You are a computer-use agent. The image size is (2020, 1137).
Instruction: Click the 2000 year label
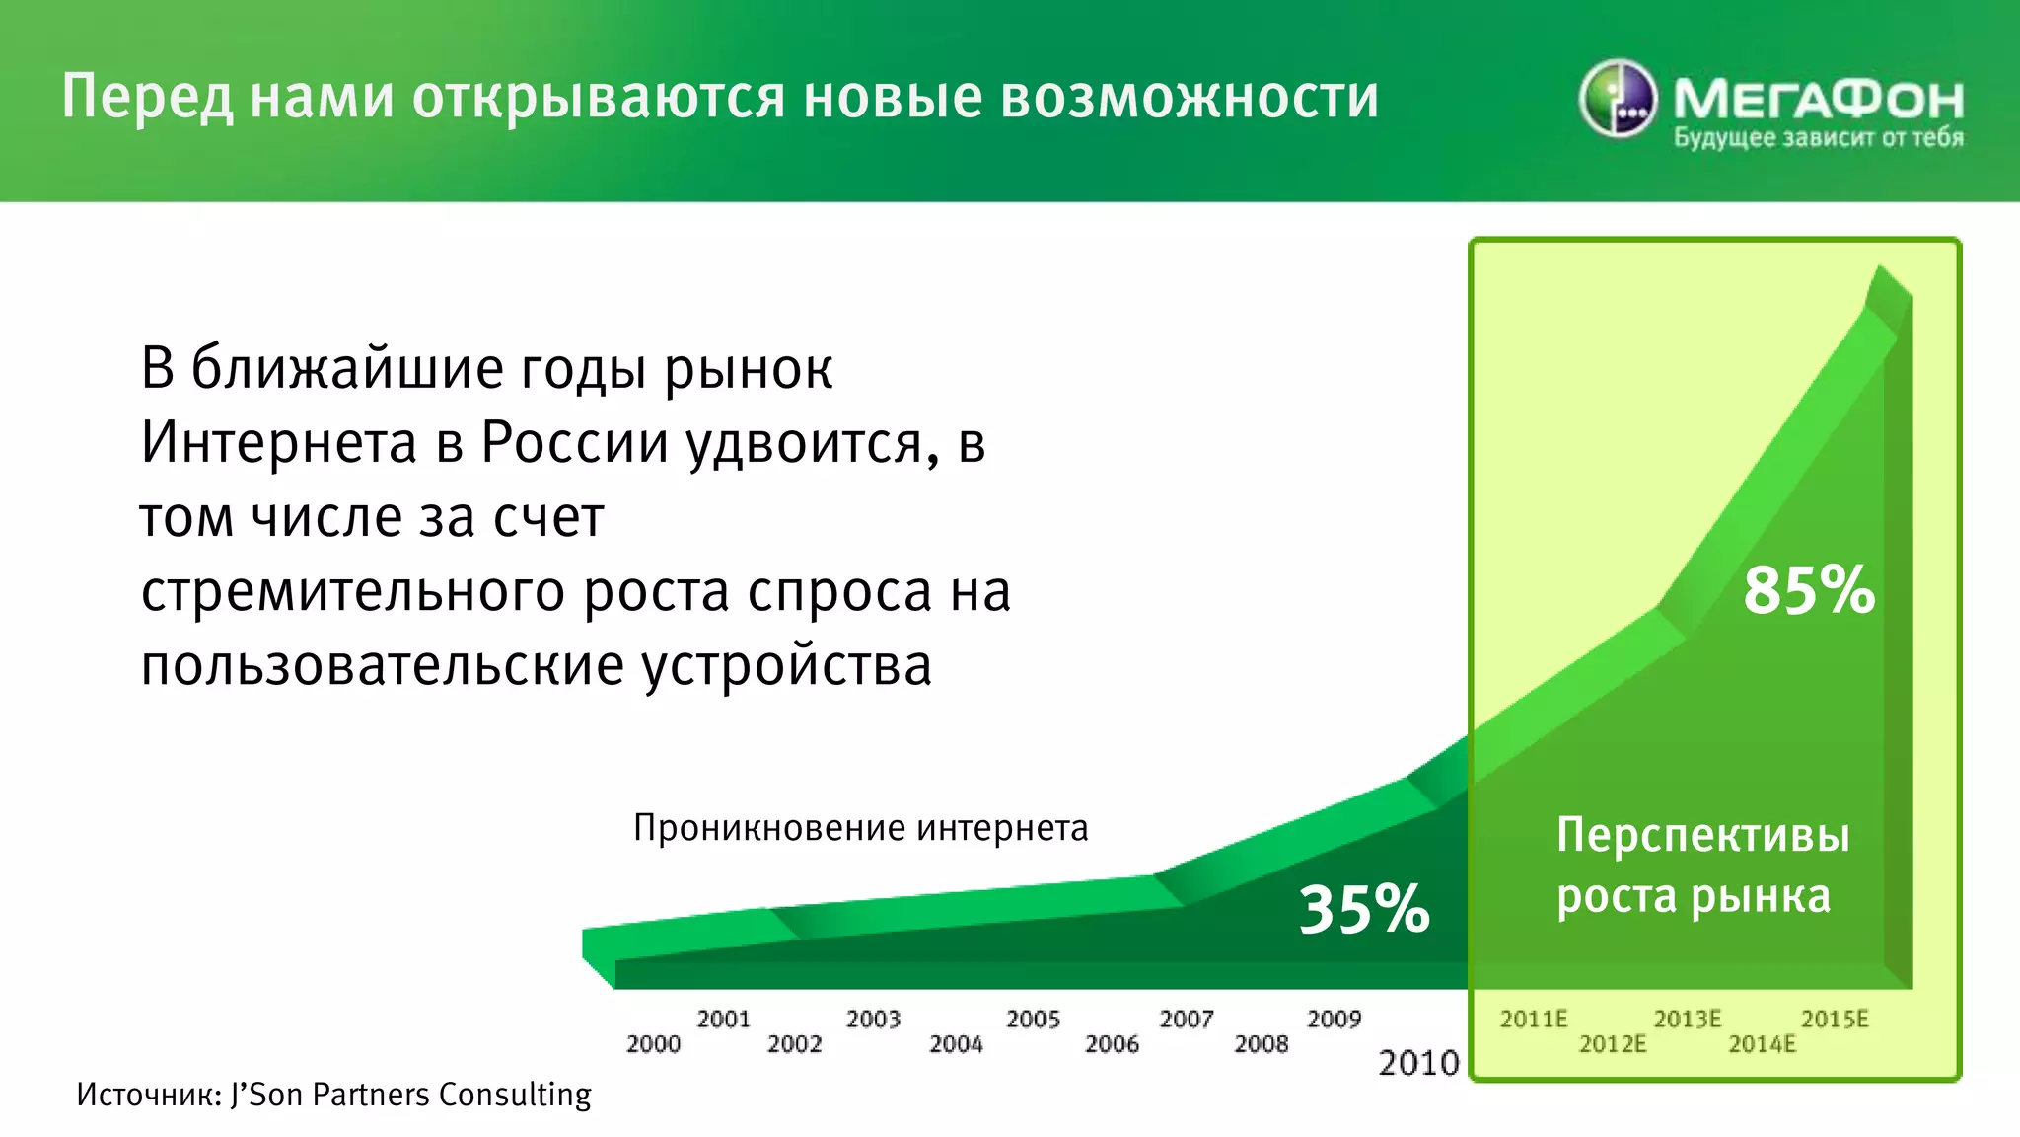[x=653, y=1044]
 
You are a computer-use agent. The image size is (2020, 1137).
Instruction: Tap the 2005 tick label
[x=1033, y=1020]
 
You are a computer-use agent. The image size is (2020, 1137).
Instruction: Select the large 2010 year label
[x=1418, y=1063]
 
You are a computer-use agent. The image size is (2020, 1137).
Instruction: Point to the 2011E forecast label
[x=1533, y=1020]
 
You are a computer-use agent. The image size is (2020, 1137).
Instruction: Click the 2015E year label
[x=1835, y=1020]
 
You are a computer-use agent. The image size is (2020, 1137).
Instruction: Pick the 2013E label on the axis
[x=1687, y=1020]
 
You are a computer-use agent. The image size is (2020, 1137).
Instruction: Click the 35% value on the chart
[x=1364, y=909]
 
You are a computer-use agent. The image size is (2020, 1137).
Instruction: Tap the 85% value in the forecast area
[x=1809, y=590]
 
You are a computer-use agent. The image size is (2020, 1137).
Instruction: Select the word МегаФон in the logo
[x=1818, y=98]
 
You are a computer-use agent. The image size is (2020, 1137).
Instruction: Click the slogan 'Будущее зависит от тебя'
[x=1818, y=138]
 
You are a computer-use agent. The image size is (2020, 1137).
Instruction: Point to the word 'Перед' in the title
[x=148, y=97]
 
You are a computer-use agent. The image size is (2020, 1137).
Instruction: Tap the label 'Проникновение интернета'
[x=860, y=828]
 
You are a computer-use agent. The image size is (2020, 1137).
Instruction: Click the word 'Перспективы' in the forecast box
[x=1702, y=835]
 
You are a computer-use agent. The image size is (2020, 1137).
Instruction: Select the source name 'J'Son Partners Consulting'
[x=410, y=1095]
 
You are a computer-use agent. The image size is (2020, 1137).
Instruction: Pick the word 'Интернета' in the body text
[x=279, y=442]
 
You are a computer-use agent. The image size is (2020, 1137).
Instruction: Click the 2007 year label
[x=1186, y=1020]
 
